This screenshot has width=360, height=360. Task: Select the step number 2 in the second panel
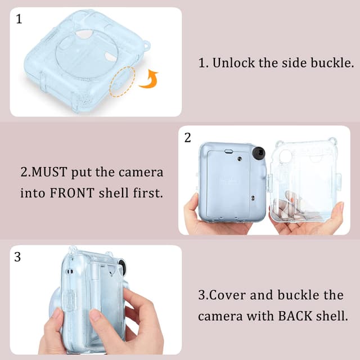point(188,138)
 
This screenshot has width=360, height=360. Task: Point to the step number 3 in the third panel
point(17,257)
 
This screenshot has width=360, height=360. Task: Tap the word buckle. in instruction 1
point(332,63)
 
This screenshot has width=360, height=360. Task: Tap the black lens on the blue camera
point(259,154)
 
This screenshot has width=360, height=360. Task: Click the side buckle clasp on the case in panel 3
point(70,300)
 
